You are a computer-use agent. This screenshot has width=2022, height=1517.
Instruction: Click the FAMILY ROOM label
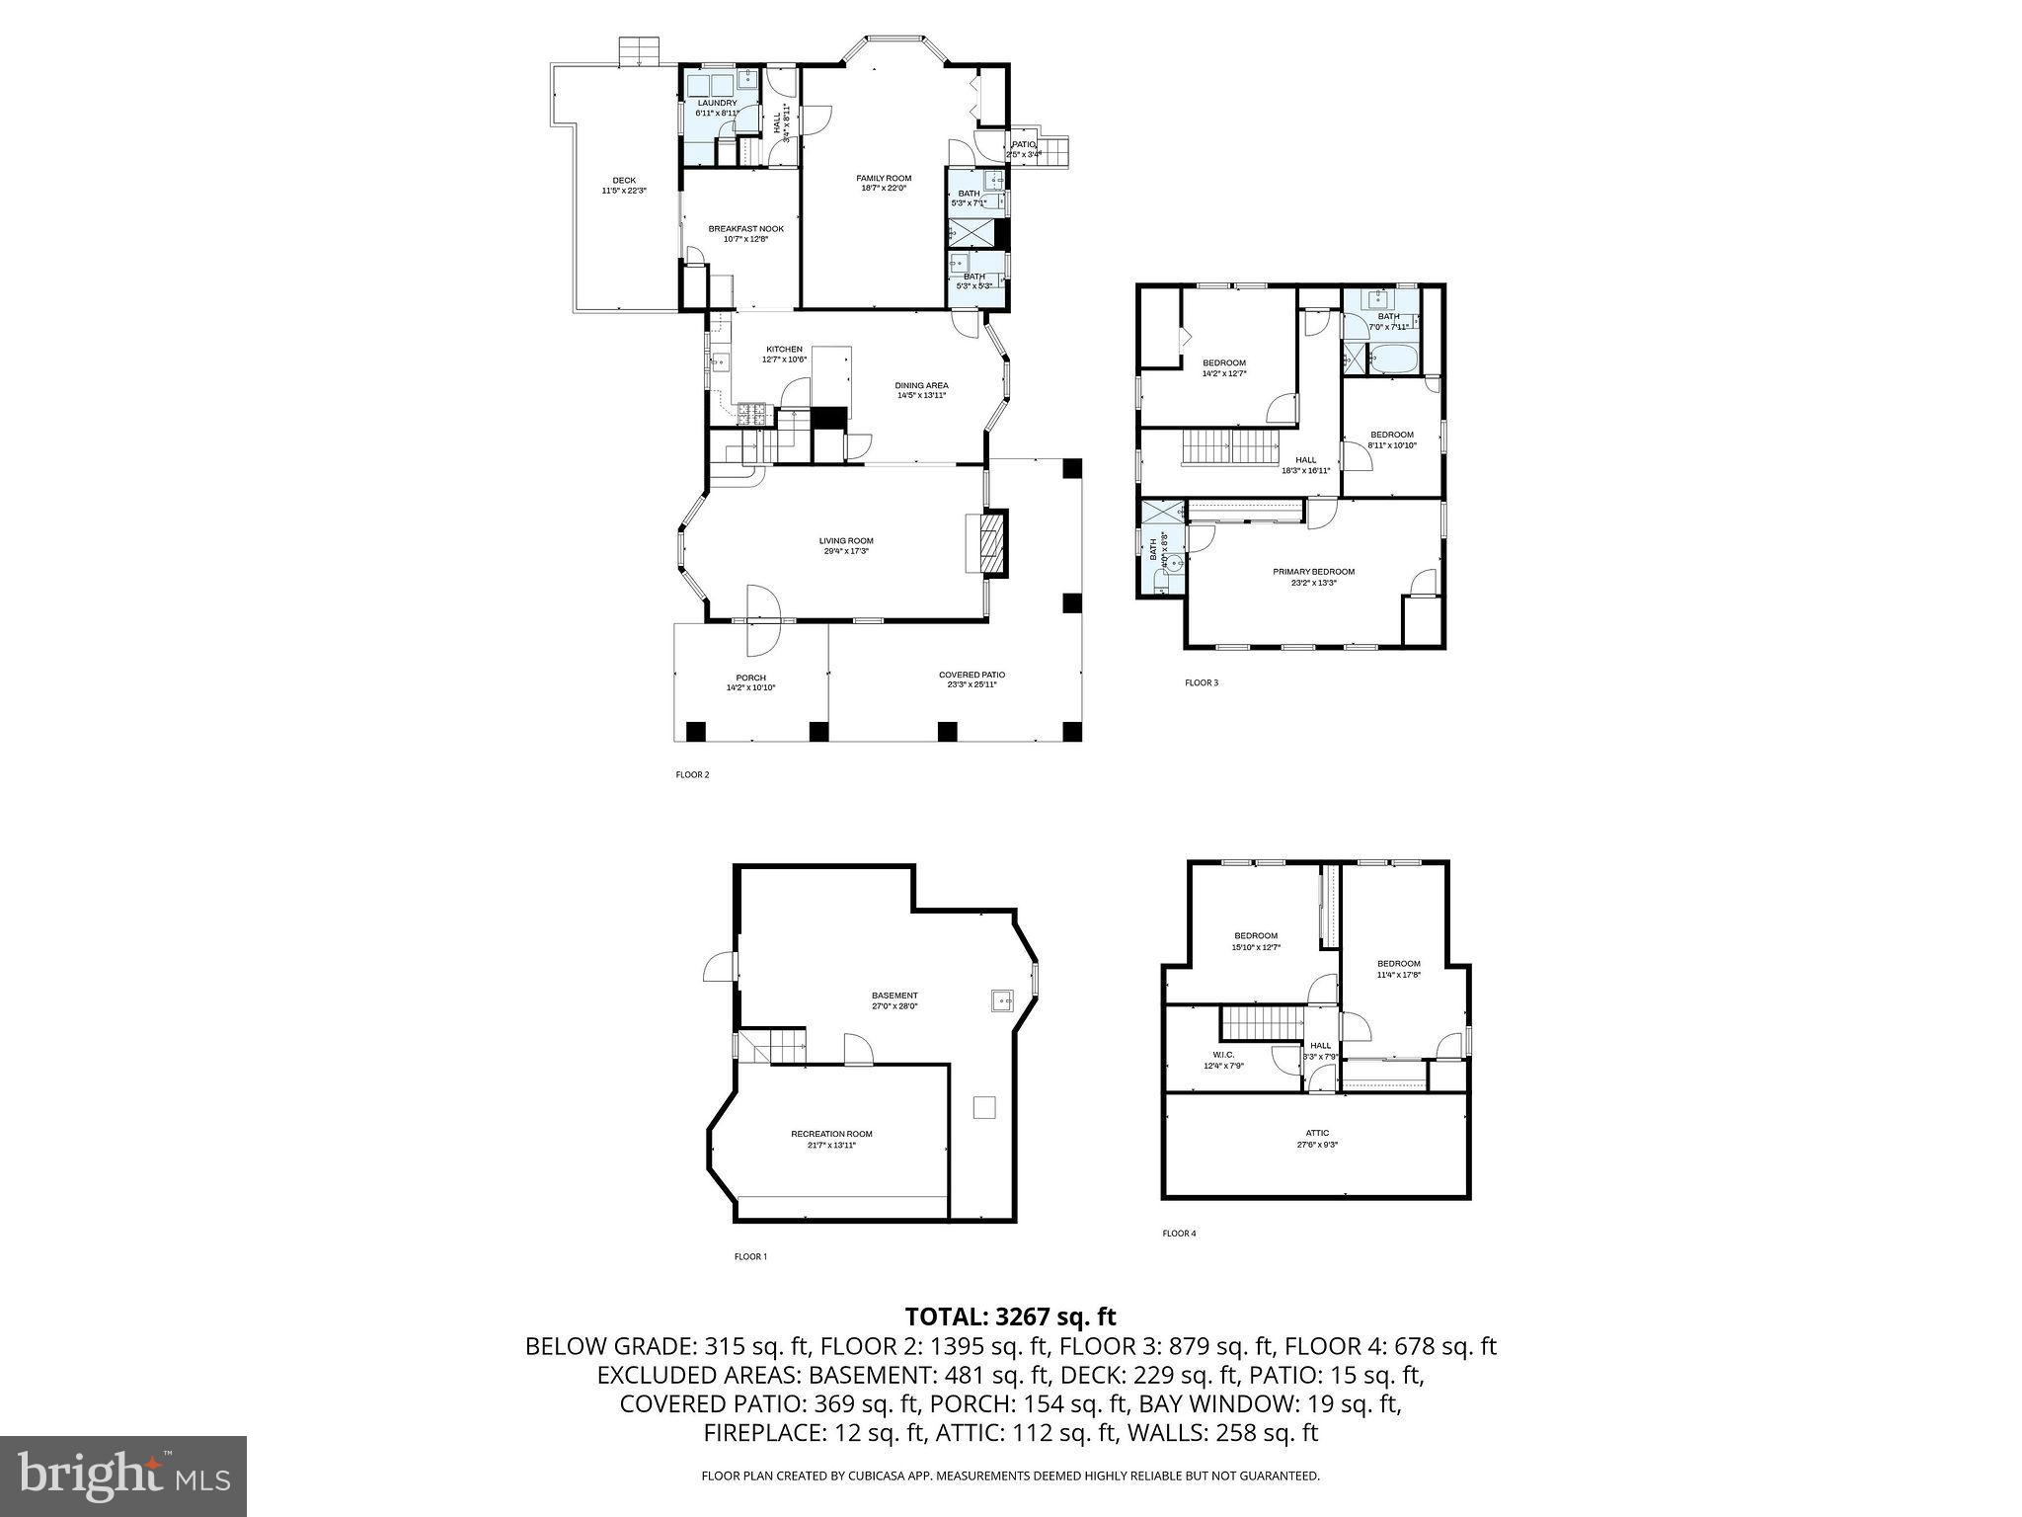pos(883,183)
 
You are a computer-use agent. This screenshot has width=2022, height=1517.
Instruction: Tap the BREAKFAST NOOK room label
pos(745,233)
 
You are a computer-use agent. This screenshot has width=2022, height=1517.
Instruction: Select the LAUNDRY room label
pos(717,107)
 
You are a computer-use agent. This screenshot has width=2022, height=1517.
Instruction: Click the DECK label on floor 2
pos(624,185)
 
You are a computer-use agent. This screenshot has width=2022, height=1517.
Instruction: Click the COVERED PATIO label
pos(972,679)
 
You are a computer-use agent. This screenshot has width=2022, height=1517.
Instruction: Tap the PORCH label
pos(750,681)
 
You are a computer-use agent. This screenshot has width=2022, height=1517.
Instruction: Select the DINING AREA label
pos(921,390)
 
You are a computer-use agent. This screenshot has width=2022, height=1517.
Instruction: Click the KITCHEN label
pos(784,354)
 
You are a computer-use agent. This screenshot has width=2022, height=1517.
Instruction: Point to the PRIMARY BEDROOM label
pos(1313,576)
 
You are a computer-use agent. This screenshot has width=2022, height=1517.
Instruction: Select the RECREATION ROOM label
pos(831,1139)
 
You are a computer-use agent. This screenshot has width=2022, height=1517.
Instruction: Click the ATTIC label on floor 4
pos(1317,1138)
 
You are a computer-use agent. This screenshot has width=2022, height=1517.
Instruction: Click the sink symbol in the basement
pos(1002,1000)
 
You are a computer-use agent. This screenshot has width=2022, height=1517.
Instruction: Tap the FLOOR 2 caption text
pos(692,775)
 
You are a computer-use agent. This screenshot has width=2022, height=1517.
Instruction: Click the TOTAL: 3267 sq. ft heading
pos(1010,1317)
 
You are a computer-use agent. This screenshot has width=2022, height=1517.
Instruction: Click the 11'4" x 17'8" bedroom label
pos(1398,969)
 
